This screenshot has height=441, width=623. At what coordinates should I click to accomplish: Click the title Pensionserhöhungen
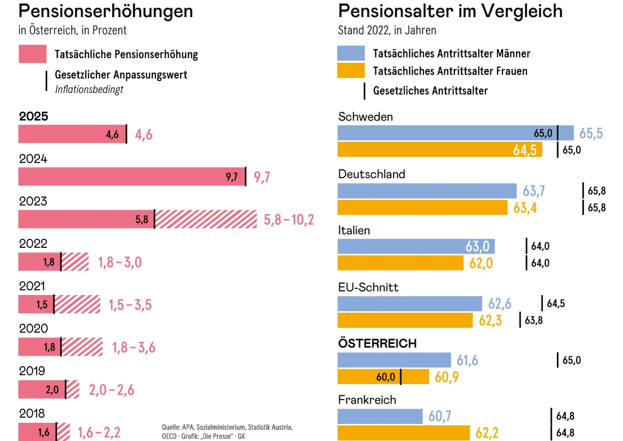pyautogui.click(x=106, y=11)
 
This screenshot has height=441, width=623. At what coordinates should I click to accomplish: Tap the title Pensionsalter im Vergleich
pyautogui.click(x=450, y=11)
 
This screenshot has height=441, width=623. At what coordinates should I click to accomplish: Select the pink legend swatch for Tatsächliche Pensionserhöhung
pyautogui.click(x=32, y=54)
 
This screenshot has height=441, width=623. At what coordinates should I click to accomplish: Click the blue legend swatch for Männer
pyautogui.click(x=351, y=53)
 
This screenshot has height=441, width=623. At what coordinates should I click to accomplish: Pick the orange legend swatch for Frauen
pyautogui.click(x=351, y=71)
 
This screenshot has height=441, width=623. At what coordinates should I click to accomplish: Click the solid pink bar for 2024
pyautogui.click(x=131, y=177)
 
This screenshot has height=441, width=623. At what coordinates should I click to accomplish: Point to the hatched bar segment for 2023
pyautogui.click(x=206, y=219)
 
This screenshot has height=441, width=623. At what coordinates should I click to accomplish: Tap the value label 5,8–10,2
pyautogui.click(x=289, y=220)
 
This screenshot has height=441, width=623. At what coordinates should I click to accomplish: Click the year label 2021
pyautogui.click(x=32, y=286)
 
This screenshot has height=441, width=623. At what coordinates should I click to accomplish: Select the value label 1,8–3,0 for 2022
pyautogui.click(x=120, y=262)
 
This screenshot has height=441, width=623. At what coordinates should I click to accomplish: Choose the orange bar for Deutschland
pyautogui.click(x=422, y=207)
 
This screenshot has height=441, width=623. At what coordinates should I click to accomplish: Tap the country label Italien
pyautogui.click(x=354, y=230)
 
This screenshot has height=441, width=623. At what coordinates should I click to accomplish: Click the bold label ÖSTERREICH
pyautogui.click(x=377, y=343)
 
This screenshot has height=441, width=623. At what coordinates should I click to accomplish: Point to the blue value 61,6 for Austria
pyautogui.click(x=467, y=360)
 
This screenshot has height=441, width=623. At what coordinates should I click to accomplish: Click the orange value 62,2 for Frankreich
pyautogui.click(x=487, y=433)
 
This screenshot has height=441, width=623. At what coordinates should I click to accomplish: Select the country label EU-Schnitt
pyautogui.click(x=368, y=287)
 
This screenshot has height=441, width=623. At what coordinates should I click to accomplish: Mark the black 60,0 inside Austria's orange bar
pyautogui.click(x=386, y=377)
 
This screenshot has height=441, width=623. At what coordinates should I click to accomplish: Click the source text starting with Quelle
pyautogui.click(x=227, y=431)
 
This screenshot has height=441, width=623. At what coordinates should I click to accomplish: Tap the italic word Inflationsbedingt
pyautogui.click(x=89, y=89)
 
